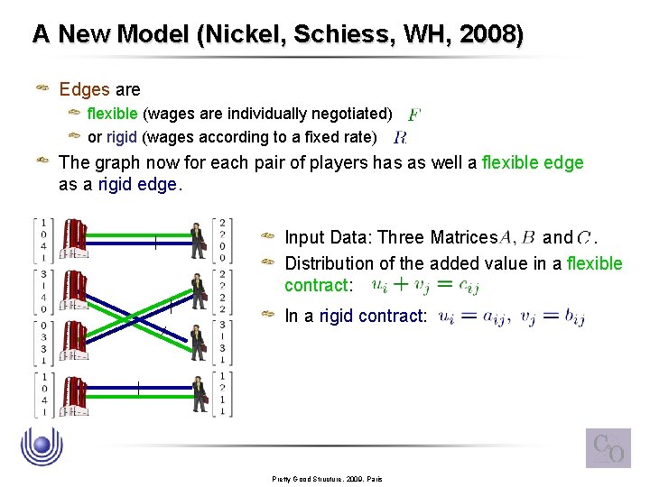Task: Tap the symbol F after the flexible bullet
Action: (413, 115)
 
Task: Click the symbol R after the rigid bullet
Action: (400, 138)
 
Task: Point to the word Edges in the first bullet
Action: (84, 89)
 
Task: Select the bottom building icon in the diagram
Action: (75, 393)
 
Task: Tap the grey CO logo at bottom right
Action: (608, 447)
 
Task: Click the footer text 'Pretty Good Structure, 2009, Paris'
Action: (328, 478)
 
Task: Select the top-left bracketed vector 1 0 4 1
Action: (42, 241)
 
